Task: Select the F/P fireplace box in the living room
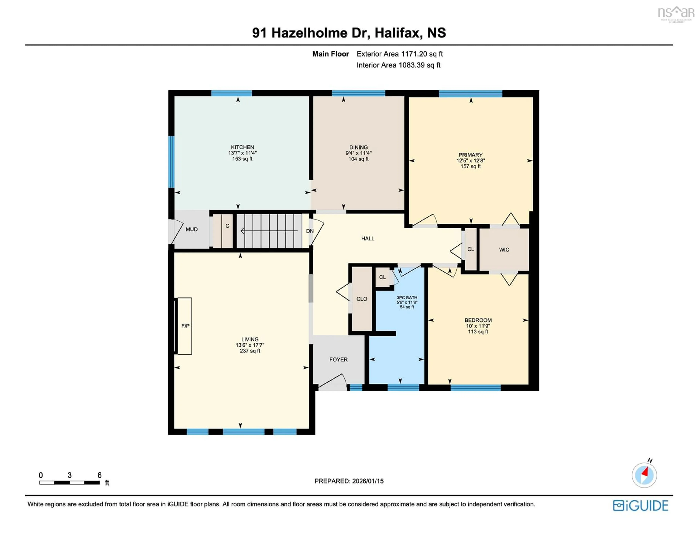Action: pos(185,326)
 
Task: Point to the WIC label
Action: pos(504,250)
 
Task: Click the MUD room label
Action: pos(191,229)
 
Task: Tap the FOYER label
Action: pos(338,359)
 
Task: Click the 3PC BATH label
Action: pos(407,297)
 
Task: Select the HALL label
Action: pos(368,238)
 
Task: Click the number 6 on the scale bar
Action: pos(99,475)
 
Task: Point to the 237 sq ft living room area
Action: pos(250,351)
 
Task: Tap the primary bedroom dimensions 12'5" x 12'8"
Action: pos(470,161)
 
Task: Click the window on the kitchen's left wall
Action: pos(172,162)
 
